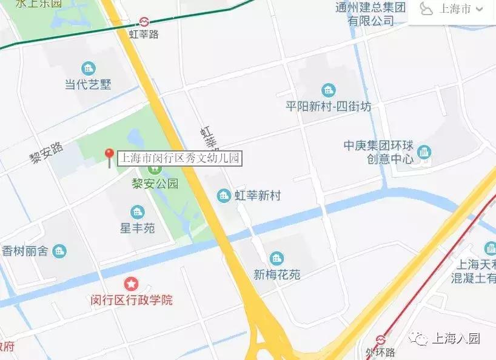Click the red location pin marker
point(109,156)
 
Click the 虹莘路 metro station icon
point(144,22)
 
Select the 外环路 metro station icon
point(380,339)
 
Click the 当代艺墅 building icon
point(89,68)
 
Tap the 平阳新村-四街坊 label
point(329,106)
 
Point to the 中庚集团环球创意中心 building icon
point(424,152)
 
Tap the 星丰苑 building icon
point(138,212)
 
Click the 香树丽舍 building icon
point(59,250)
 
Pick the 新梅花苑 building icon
point(276,259)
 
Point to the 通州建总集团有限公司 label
point(370,14)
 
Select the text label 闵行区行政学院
point(132,299)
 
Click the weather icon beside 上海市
point(427,9)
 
